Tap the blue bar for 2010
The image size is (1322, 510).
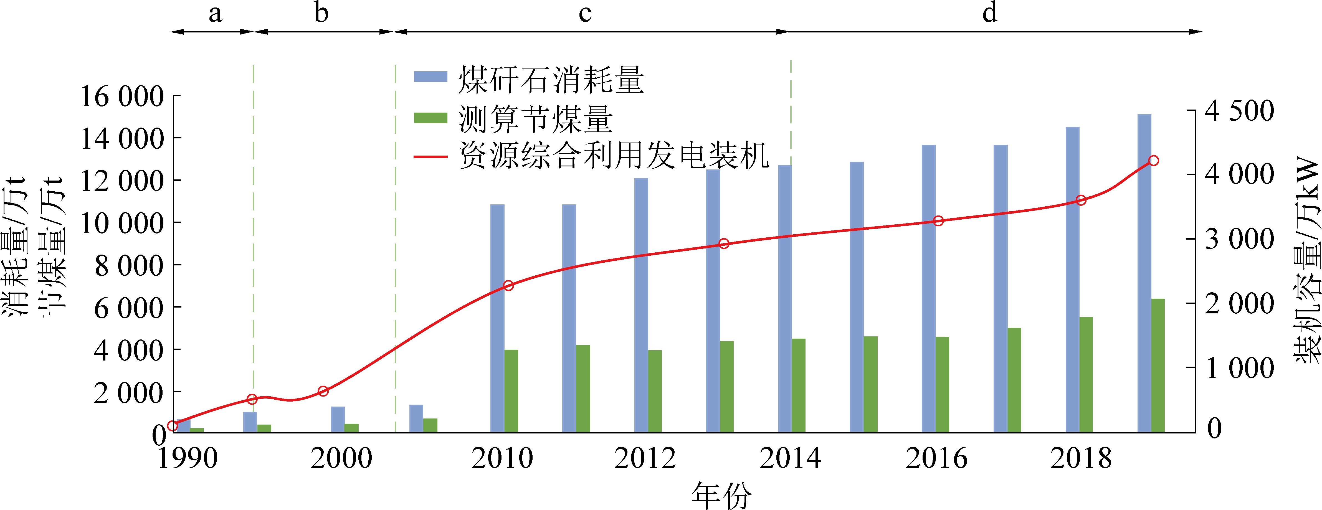[497, 318]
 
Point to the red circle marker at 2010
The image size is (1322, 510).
[509, 285]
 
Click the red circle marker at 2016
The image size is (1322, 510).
[938, 221]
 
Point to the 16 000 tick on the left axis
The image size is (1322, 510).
[122, 97]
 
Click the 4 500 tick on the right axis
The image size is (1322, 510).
[1239, 111]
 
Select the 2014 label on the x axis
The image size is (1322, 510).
[790, 458]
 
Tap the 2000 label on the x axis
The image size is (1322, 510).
[341, 458]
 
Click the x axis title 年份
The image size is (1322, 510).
[721, 495]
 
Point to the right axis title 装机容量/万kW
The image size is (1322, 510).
[1306, 259]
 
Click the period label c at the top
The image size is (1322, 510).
[585, 13]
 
